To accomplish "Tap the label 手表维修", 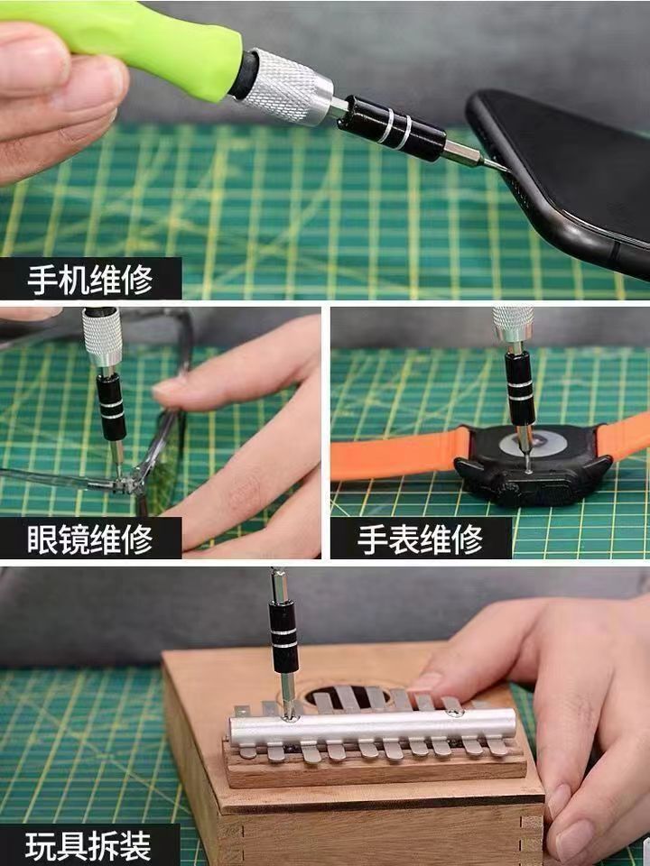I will point(421,539).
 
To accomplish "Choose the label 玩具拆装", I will point(88,846).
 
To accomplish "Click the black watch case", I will point(533,465).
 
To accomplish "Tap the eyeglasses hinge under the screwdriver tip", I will point(126,484).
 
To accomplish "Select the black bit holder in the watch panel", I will point(519,388).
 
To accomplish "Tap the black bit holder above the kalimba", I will point(283,636).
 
